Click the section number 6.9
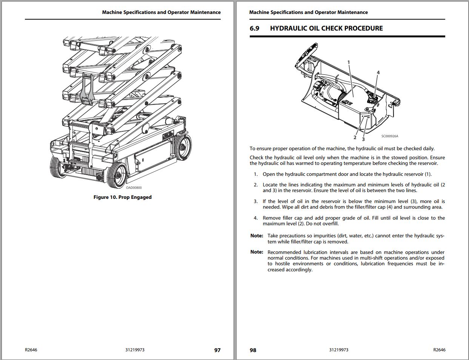click(x=254, y=28)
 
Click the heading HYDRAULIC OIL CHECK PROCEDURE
click(x=326, y=28)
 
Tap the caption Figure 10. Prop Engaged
click(x=122, y=197)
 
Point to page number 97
click(x=217, y=350)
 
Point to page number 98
click(x=253, y=350)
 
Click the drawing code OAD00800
click(x=134, y=188)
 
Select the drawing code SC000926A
click(x=389, y=136)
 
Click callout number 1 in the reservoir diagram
click(x=349, y=62)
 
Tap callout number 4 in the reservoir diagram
click(x=378, y=72)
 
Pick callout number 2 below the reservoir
click(x=355, y=137)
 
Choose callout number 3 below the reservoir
click(x=363, y=139)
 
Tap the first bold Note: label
click(x=257, y=236)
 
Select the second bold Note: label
click(x=257, y=252)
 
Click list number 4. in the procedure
click(x=255, y=218)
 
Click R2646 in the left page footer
click(x=31, y=350)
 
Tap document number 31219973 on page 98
click(x=338, y=350)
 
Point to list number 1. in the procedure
click(x=255, y=174)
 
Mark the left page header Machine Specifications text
click(x=161, y=12)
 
